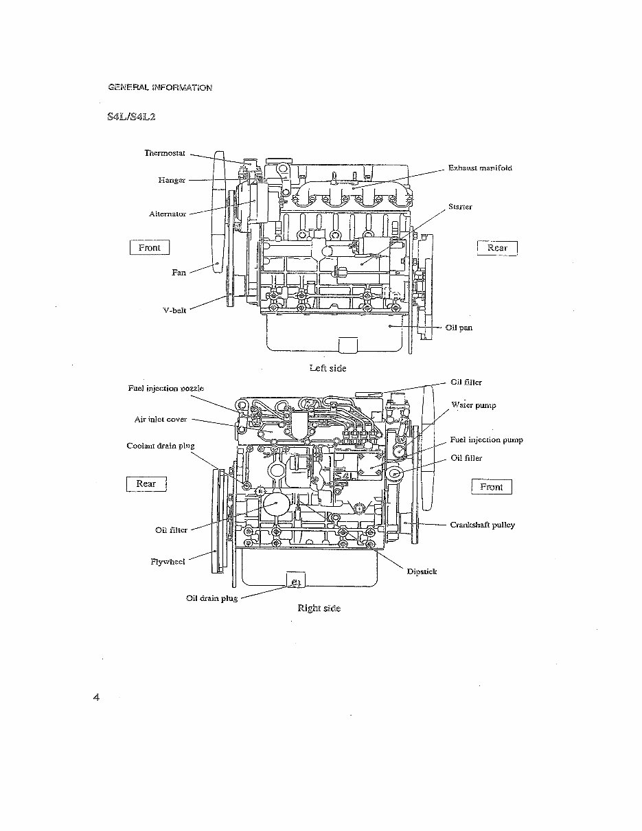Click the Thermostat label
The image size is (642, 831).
coord(165,152)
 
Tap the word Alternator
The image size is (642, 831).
coord(168,214)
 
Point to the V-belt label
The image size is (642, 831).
coord(174,310)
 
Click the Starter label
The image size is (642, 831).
coord(460,206)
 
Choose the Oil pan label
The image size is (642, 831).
coord(459,328)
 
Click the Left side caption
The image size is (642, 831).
coord(328,368)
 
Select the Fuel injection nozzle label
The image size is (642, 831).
coord(165,388)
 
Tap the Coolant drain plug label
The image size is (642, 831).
coord(160,446)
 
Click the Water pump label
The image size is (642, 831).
coord(473,405)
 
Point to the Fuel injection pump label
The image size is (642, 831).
coord(486,440)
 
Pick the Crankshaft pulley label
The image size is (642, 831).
coord(482,525)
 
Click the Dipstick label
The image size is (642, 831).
coord(422,571)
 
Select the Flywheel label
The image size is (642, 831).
coord(168,561)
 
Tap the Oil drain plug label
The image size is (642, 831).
coord(211,598)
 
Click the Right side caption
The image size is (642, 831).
coord(319,608)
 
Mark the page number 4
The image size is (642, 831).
coord(96,698)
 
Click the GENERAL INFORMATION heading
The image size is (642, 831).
coord(159,87)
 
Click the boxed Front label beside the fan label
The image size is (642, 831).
coord(149,247)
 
